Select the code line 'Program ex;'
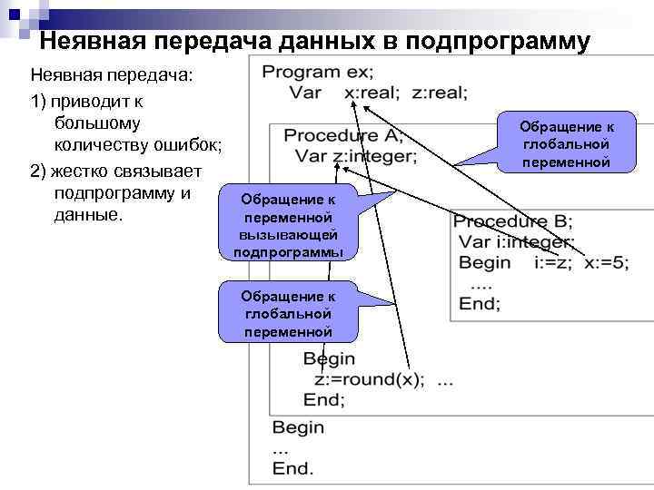pos(317,73)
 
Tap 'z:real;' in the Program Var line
pos(440,93)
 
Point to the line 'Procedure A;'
pos(343,136)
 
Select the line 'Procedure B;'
pos(514,220)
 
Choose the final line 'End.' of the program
pos(292,468)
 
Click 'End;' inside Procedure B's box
pos(478,305)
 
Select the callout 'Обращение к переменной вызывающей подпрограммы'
pos(288,226)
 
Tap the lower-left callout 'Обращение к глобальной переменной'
pos(288,314)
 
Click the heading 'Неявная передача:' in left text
pos(111,74)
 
